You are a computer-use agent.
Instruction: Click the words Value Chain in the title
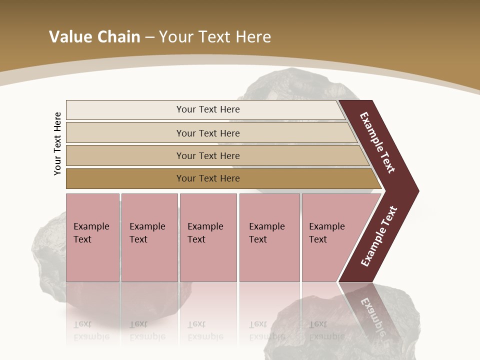94,37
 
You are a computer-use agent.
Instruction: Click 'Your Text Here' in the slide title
215,37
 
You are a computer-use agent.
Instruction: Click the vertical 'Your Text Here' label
58,143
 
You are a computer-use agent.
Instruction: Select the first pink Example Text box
92,237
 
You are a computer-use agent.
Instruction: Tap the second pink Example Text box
148,237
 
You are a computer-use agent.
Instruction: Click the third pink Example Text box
208,237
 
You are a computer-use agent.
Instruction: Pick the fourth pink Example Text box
269,237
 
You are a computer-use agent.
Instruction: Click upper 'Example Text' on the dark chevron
377,142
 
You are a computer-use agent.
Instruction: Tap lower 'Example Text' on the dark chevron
379,236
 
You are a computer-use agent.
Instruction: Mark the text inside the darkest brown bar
208,178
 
